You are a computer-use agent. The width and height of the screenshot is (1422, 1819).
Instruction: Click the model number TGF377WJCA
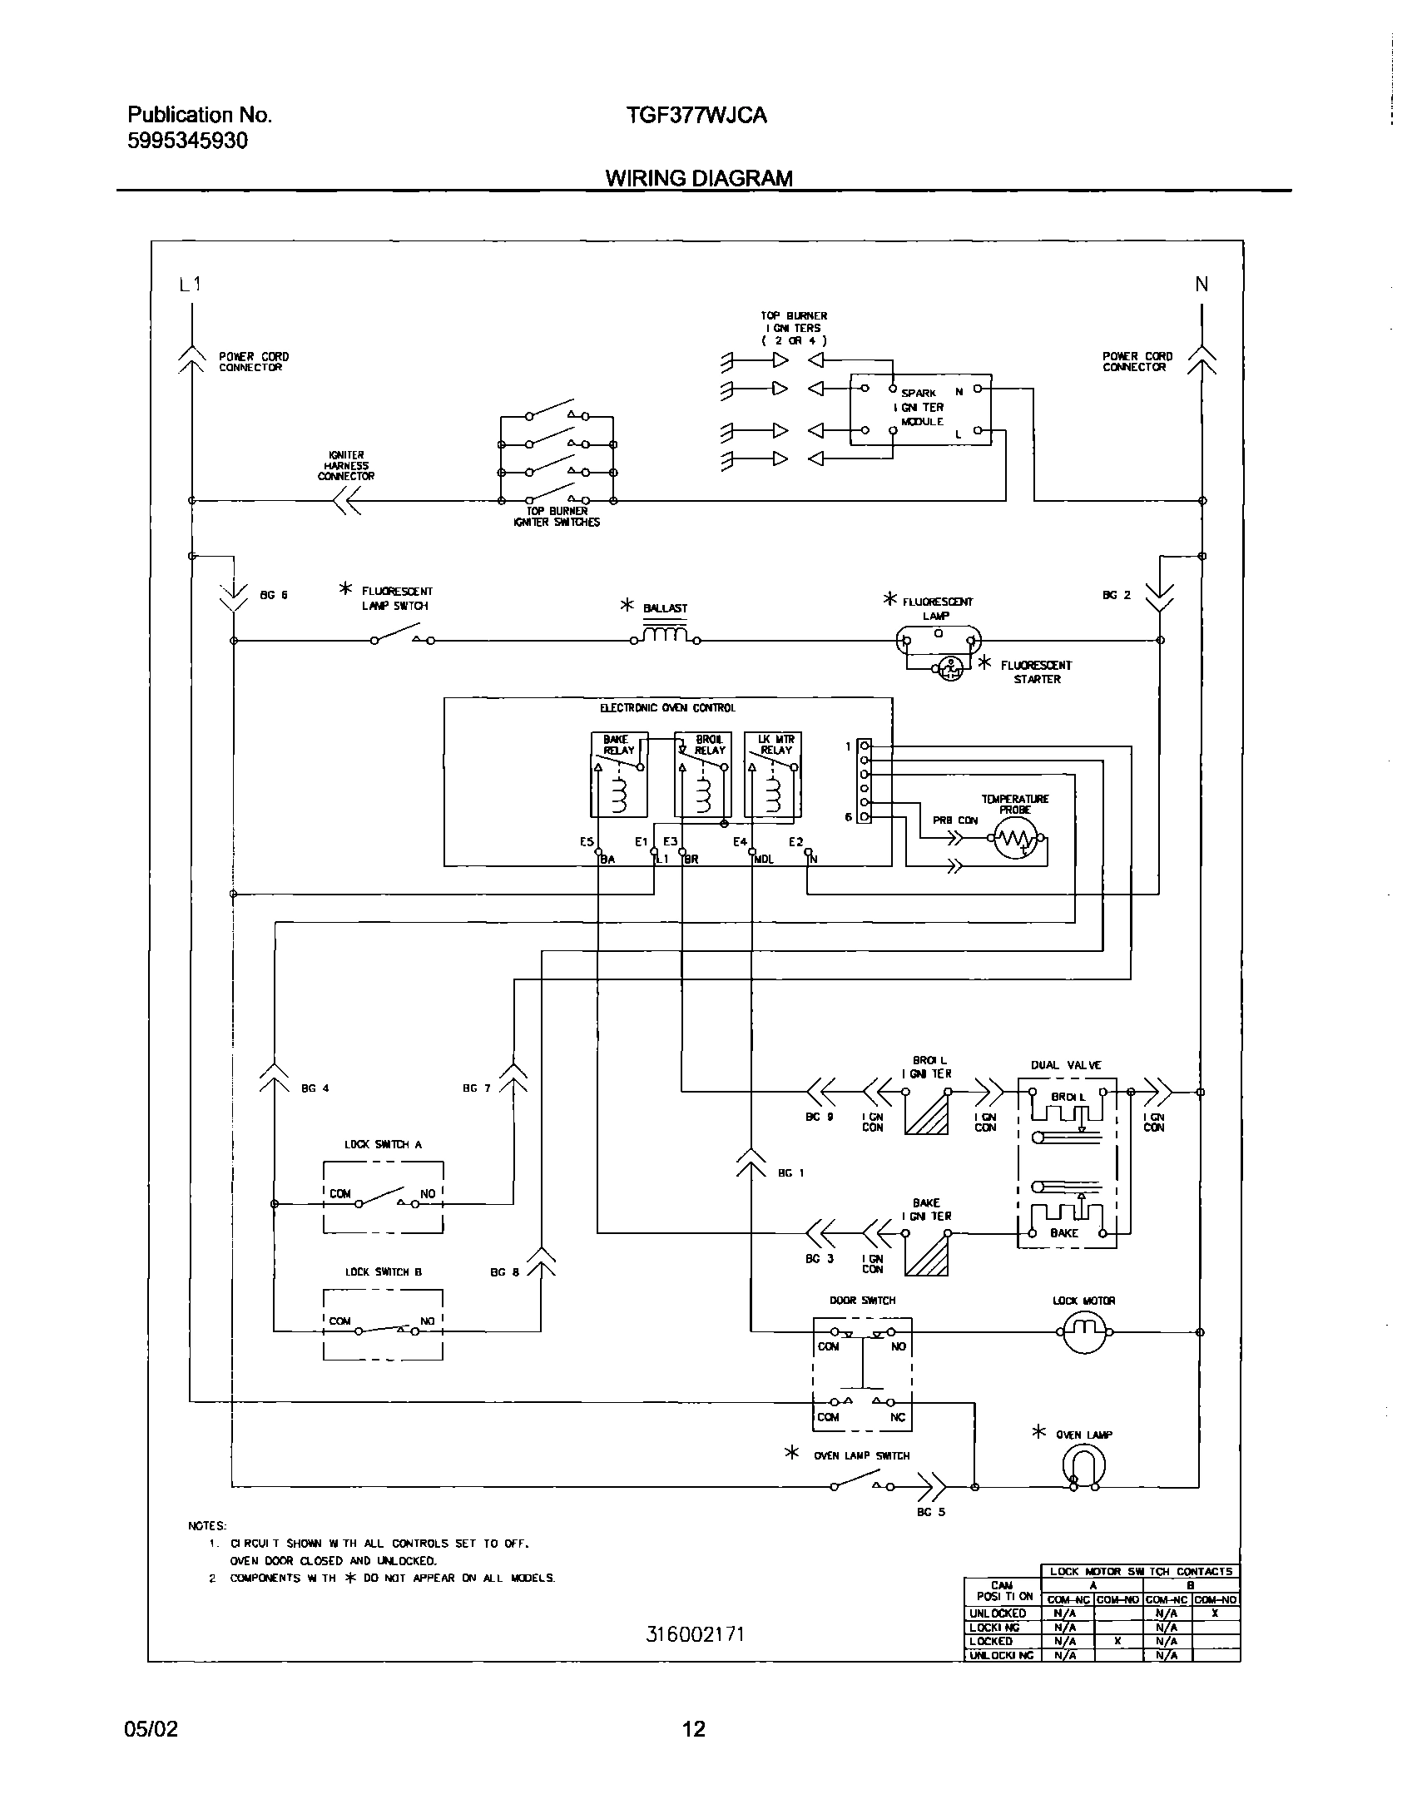(696, 116)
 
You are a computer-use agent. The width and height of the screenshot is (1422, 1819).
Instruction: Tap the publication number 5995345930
(187, 141)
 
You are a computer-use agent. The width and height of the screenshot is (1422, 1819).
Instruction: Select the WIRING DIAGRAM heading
(698, 178)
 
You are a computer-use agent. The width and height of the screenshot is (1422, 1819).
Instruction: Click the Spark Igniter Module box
(920, 409)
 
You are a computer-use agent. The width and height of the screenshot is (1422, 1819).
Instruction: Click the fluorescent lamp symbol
(938, 640)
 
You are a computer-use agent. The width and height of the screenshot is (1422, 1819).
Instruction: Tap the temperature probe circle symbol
(1015, 840)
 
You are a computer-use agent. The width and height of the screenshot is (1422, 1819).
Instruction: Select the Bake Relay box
(619, 775)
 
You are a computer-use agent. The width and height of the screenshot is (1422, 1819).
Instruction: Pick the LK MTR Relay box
(773, 775)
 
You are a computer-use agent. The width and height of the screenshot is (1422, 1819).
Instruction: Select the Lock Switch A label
(384, 1144)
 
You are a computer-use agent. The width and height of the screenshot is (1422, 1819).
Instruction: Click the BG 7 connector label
(477, 1088)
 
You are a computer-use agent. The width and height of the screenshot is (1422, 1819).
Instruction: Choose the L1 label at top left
(190, 284)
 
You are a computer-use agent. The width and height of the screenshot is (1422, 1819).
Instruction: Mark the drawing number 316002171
(695, 1634)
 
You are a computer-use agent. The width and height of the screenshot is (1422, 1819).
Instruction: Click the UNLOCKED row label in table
(998, 1613)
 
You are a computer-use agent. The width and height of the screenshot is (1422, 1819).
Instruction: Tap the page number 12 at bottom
(693, 1729)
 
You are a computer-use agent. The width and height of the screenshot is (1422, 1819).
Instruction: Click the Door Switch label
(862, 1300)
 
